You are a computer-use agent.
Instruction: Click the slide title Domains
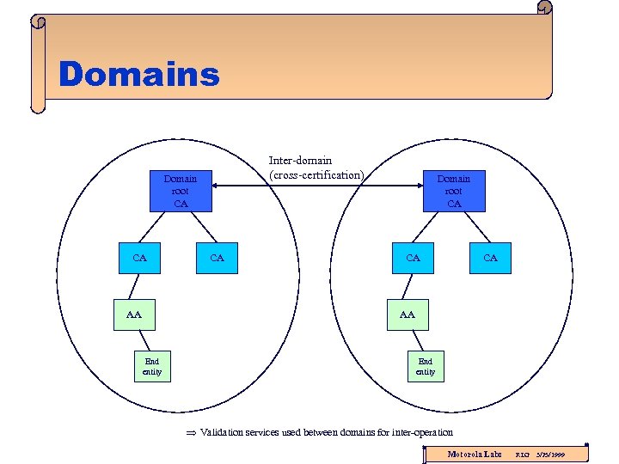pos(139,75)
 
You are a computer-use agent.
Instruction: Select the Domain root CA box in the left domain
pos(181,191)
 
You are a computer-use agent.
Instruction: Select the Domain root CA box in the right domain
pos(453,191)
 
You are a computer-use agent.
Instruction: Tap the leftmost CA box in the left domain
pos(140,257)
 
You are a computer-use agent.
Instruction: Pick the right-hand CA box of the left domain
pos(218,257)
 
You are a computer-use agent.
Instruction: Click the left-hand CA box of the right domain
pos(413,257)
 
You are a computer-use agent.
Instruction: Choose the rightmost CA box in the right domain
pos(490,257)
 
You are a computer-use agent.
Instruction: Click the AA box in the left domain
pos(134,314)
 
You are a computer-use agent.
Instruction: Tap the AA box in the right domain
pos(408,314)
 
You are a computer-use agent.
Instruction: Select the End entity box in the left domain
pos(152,366)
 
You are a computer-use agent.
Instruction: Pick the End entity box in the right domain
pos(426,366)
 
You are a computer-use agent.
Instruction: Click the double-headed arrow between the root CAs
pos(322,181)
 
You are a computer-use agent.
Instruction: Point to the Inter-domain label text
pos(300,161)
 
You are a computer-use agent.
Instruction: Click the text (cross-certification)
pos(316,174)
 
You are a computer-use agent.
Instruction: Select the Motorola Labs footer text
pos(475,453)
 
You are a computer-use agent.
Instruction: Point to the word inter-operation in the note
pos(421,432)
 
